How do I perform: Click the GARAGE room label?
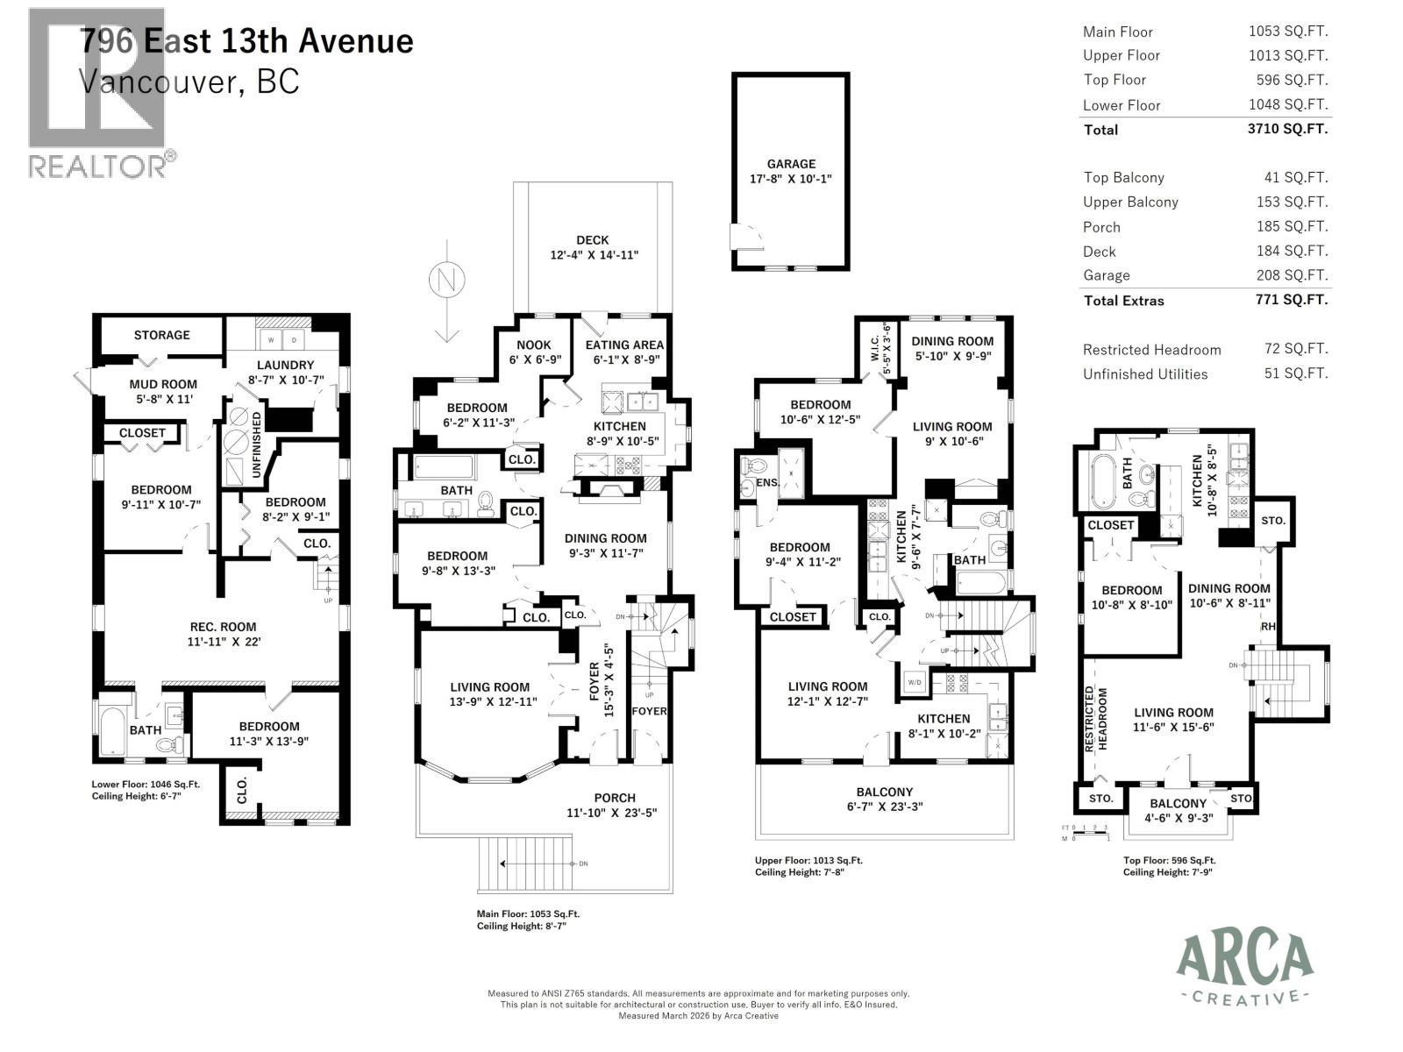[791, 164]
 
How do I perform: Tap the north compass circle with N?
[446, 280]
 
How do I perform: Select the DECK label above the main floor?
[593, 239]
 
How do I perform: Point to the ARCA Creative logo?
[1244, 969]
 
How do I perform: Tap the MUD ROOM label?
[163, 384]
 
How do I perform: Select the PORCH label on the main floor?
[615, 798]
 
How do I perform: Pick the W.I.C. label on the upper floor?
[874, 348]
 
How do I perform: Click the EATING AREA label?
[624, 345]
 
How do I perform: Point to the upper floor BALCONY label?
[885, 792]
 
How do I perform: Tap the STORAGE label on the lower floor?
[161, 335]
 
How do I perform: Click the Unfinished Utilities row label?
[1145, 374]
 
